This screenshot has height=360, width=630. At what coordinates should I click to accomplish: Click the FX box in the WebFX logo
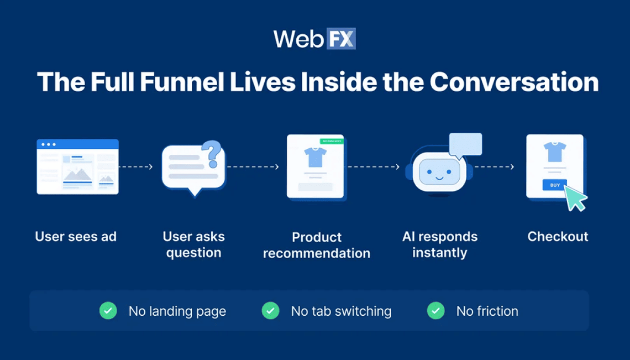[340, 39]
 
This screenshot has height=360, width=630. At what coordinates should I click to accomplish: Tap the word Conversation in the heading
[514, 82]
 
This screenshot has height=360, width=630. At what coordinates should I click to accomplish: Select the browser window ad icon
[77, 166]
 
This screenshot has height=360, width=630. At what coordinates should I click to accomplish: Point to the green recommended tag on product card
[331, 141]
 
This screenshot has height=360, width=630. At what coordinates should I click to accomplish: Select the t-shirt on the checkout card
[554, 151]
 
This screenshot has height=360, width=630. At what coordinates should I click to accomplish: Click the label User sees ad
[76, 237]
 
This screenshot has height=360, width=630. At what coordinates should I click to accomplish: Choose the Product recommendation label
[317, 245]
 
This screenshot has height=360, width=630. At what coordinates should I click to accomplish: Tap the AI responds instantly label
[440, 244]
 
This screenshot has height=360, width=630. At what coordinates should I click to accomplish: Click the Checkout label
[558, 237]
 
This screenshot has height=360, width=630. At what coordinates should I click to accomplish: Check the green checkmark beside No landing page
[108, 311]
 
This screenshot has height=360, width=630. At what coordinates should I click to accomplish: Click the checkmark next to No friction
[435, 311]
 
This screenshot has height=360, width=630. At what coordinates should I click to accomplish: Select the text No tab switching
[341, 311]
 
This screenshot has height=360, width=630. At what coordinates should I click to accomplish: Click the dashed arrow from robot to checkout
[494, 166]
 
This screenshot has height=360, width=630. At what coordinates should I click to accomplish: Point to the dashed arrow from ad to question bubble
[136, 166]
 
